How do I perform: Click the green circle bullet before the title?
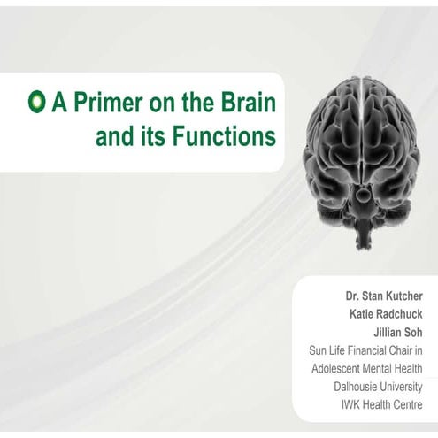pos(36,103)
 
